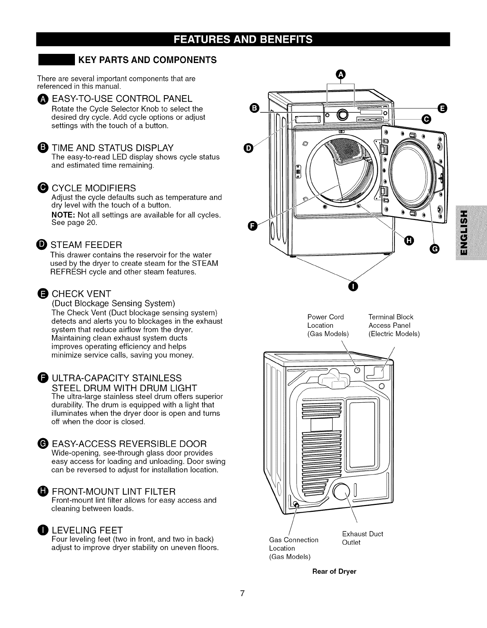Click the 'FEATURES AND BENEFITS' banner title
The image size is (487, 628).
point(243,39)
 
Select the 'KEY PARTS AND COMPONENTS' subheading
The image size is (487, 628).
point(147,60)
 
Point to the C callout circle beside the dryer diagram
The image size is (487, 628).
point(425,119)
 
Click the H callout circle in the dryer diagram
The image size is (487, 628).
point(409,240)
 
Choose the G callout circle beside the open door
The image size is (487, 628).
point(435,249)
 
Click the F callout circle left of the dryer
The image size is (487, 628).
point(252,227)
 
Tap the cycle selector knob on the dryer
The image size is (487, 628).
point(343,114)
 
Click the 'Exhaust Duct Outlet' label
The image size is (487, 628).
point(362,538)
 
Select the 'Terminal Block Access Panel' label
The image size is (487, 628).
point(394,325)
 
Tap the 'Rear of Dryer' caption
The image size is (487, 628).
point(334,571)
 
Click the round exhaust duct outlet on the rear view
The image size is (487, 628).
point(341,493)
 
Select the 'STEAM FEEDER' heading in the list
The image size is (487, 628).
point(86,244)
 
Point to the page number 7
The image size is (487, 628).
point(242,593)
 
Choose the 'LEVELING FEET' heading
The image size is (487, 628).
point(87,530)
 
